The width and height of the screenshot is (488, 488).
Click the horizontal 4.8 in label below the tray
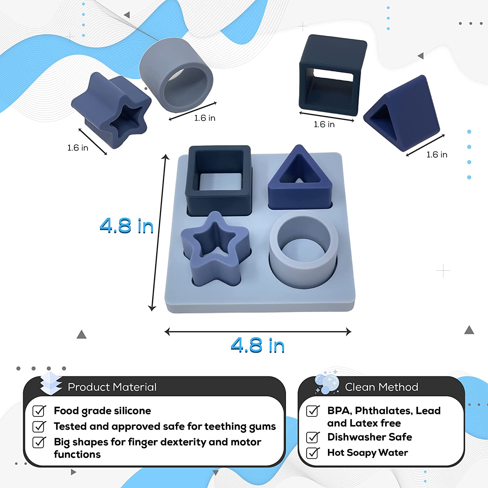258,345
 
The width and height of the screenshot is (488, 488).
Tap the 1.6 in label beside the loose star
78,148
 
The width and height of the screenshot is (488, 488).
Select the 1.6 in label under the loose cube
324,124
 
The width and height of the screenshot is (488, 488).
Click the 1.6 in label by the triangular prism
437,155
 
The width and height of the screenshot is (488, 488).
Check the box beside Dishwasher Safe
313,437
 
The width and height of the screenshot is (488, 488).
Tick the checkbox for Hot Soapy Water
313,453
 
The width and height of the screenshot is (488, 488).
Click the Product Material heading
112,387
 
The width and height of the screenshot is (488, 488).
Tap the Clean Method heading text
382,387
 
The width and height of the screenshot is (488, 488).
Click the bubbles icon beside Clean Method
327,383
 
